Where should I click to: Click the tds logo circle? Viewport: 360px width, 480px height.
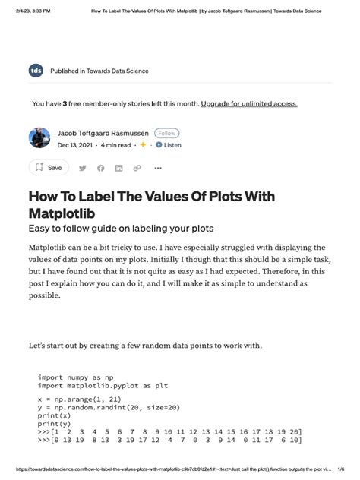click(x=36, y=71)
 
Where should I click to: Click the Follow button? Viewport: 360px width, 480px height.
click(x=166, y=133)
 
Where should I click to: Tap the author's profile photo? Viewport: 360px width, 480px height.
click(x=39, y=138)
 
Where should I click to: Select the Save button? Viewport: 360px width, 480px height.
click(x=48, y=167)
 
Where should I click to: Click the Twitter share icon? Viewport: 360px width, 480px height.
click(x=83, y=168)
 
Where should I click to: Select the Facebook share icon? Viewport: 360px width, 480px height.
click(x=101, y=168)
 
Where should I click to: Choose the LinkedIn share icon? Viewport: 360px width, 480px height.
click(x=119, y=168)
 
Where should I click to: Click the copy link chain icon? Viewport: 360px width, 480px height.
click(x=137, y=168)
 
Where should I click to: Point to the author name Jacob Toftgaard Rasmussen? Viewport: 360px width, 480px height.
click(x=103, y=133)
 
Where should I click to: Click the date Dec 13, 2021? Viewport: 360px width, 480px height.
click(x=75, y=144)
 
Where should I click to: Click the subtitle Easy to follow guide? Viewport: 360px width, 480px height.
click(x=122, y=228)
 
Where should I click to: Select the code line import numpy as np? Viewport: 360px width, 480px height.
click(x=77, y=377)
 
